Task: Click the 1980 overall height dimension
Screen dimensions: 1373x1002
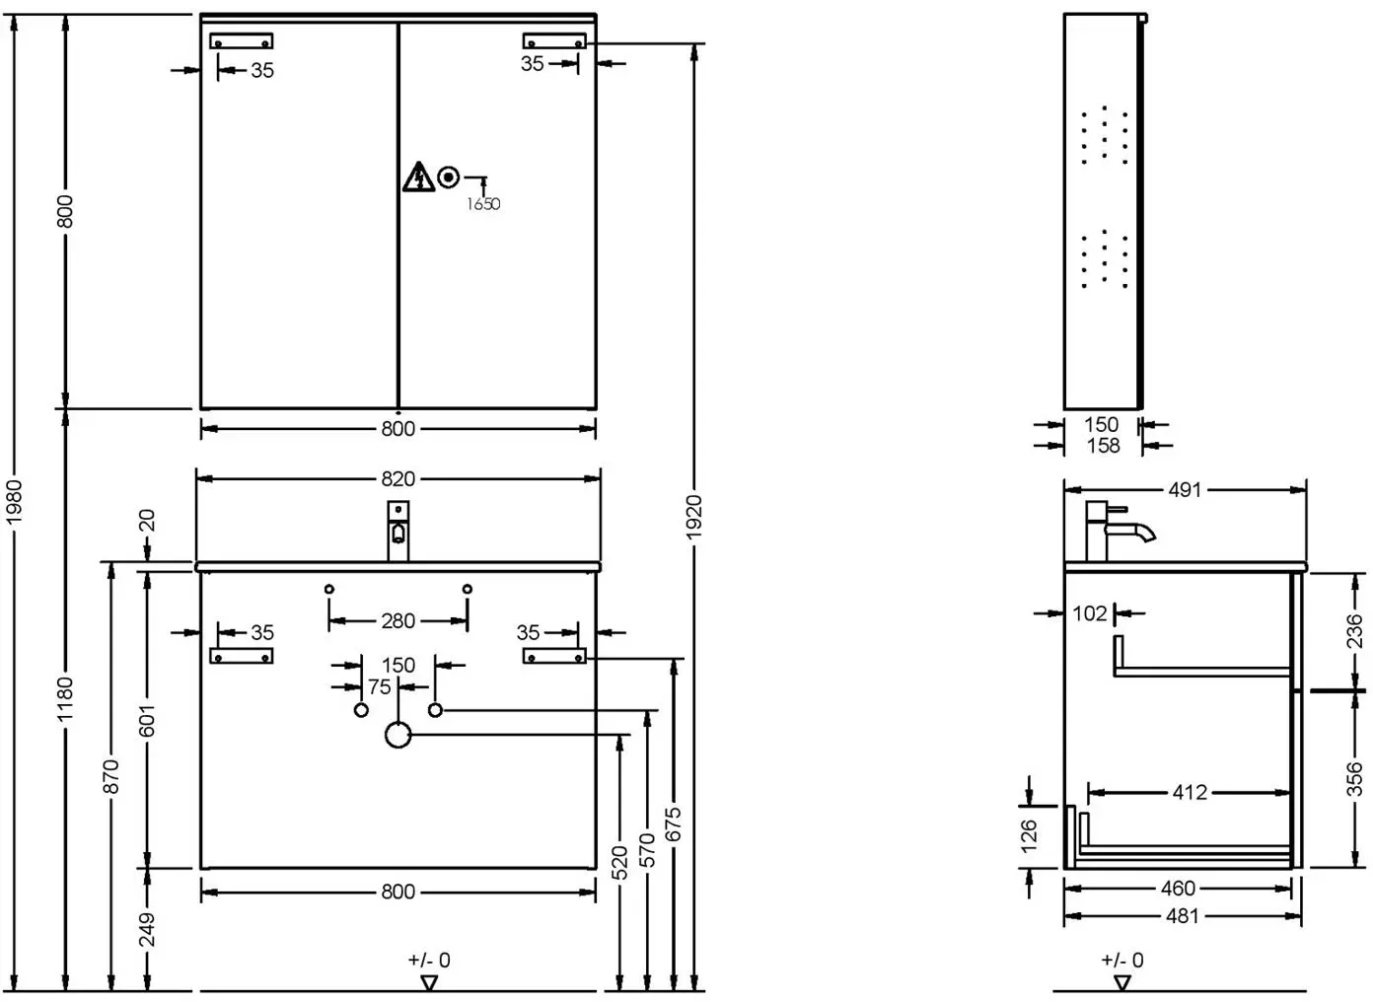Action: point(14,501)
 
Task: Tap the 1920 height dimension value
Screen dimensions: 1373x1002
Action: point(693,518)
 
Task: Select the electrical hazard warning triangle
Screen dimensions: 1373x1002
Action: point(418,178)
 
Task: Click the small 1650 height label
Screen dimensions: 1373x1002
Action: point(483,204)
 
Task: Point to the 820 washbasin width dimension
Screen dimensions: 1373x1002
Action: point(397,478)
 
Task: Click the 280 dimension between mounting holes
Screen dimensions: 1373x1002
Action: point(397,620)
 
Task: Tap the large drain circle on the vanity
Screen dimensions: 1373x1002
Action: point(397,735)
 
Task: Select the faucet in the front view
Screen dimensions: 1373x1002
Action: point(397,531)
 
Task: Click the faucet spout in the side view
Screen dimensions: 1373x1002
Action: point(1130,532)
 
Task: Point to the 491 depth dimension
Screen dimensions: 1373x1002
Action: point(1185,490)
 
